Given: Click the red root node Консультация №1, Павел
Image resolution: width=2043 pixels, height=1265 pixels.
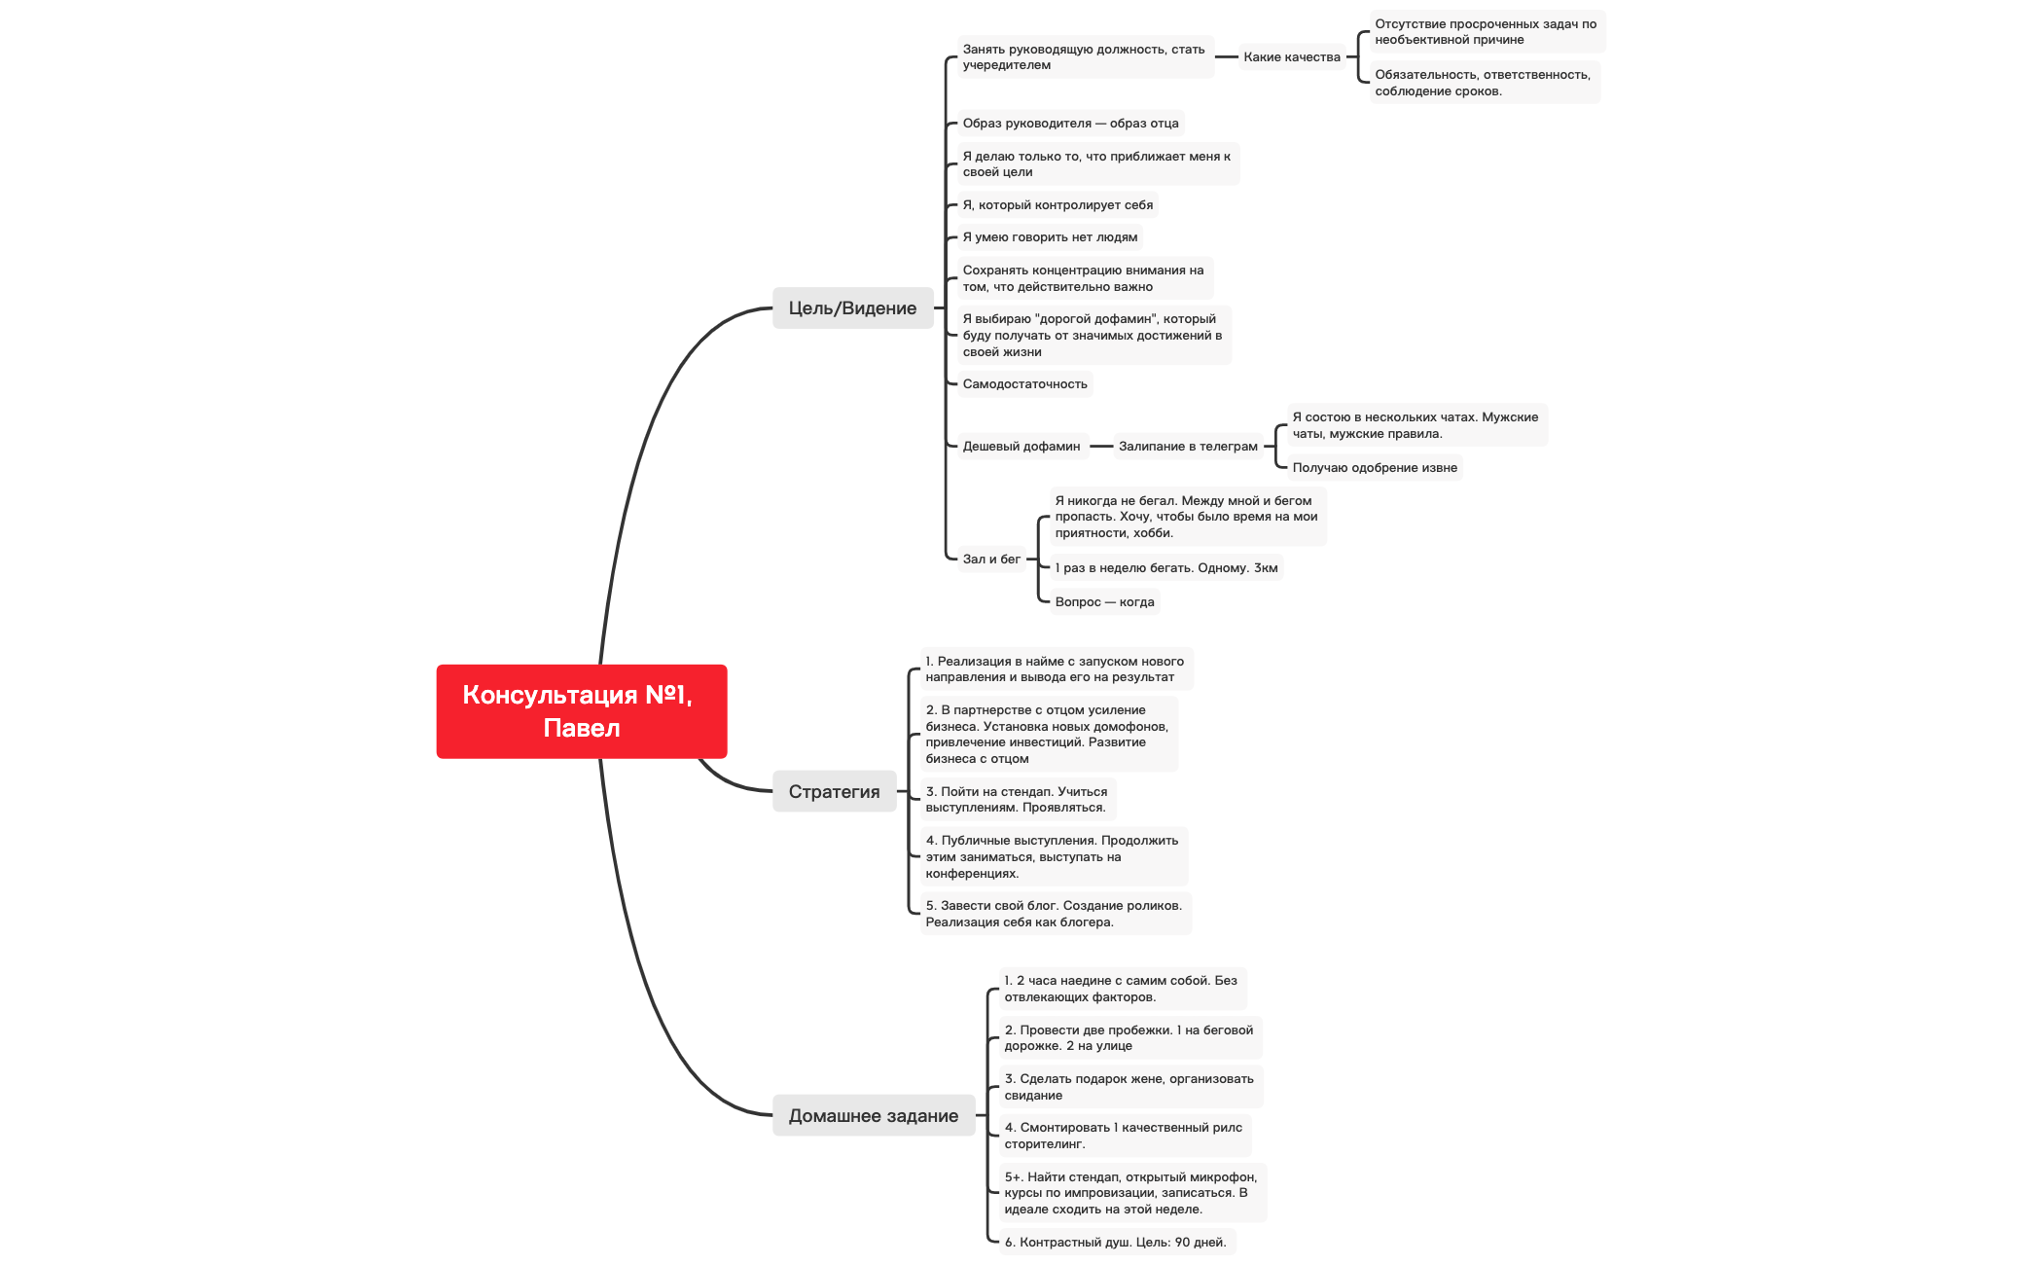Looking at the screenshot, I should pos(581,711).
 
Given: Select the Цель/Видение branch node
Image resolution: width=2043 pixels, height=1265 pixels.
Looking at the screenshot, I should pos(852,308).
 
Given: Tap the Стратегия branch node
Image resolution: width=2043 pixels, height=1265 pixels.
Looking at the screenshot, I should pos(834,792).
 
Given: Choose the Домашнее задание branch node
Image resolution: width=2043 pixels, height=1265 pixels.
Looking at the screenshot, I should pos(873,1116).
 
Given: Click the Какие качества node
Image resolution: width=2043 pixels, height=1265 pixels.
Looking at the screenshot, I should pos(1291,57).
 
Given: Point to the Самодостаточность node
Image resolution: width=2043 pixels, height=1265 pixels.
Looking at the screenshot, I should pos(1024,384).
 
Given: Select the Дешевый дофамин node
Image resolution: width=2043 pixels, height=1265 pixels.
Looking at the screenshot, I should pos(1021,447).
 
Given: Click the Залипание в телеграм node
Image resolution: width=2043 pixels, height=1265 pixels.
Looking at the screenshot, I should pos(1187,447).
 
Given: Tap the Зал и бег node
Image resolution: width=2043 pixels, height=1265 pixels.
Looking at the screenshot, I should pos(990,560).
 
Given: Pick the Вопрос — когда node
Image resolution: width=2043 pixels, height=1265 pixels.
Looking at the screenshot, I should pos(1104,602).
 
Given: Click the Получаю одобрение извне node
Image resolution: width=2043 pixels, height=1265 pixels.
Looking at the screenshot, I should pos(1374,468).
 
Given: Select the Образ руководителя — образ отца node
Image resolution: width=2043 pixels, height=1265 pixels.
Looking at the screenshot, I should pos(1070,124).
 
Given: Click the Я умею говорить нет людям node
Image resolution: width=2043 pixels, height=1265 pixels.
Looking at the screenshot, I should pos(1049,237).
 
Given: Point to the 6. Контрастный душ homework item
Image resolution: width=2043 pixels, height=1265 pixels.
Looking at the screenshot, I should pos(1115,1243).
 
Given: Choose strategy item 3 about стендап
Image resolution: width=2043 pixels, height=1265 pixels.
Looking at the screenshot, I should pos(1016,800).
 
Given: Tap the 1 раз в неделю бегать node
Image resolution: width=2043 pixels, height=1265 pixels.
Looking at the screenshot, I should pos(1165,568).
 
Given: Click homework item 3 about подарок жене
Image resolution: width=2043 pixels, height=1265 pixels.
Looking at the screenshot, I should pos(1129,1087).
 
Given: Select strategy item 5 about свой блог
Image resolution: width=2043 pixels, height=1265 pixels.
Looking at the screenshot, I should pos(1054,914).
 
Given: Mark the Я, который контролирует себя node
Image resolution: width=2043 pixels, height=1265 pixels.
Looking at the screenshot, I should pos(1057,205).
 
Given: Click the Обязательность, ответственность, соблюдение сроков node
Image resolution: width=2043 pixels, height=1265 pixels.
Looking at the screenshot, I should pos(1482,83).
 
